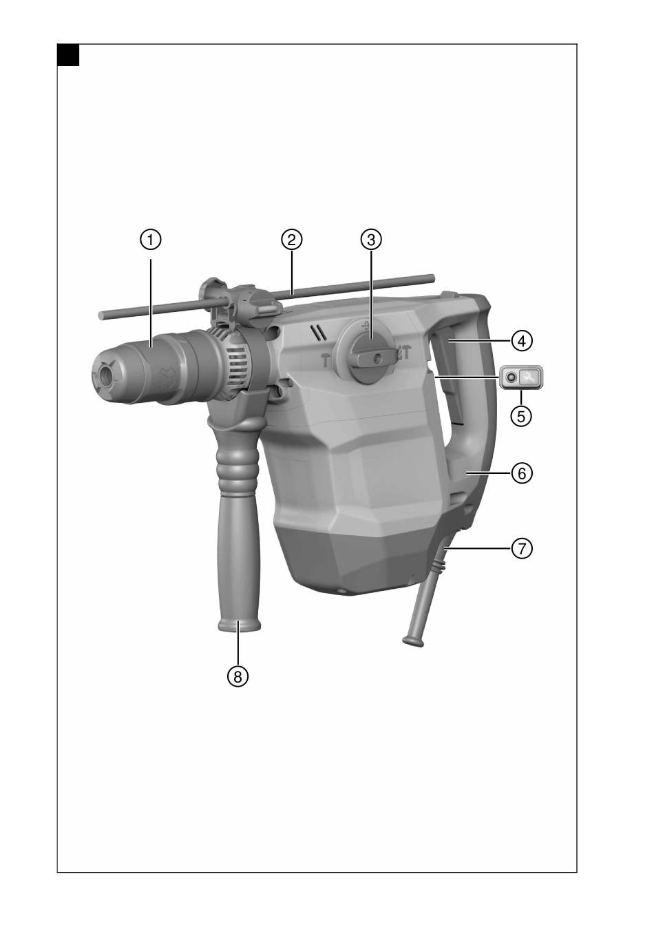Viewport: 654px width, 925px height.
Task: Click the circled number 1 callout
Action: (x=151, y=240)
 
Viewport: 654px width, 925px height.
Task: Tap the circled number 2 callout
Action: (x=292, y=240)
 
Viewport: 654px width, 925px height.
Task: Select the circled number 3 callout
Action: (x=371, y=240)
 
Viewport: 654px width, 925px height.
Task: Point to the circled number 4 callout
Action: (x=522, y=341)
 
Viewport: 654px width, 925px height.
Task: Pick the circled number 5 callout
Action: (x=521, y=416)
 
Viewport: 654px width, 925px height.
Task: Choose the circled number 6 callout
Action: (x=522, y=473)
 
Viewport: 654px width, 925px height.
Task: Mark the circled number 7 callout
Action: (x=522, y=549)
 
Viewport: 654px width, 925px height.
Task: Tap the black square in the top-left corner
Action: (x=68, y=55)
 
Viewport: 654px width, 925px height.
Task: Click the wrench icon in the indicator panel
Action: (x=529, y=377)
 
